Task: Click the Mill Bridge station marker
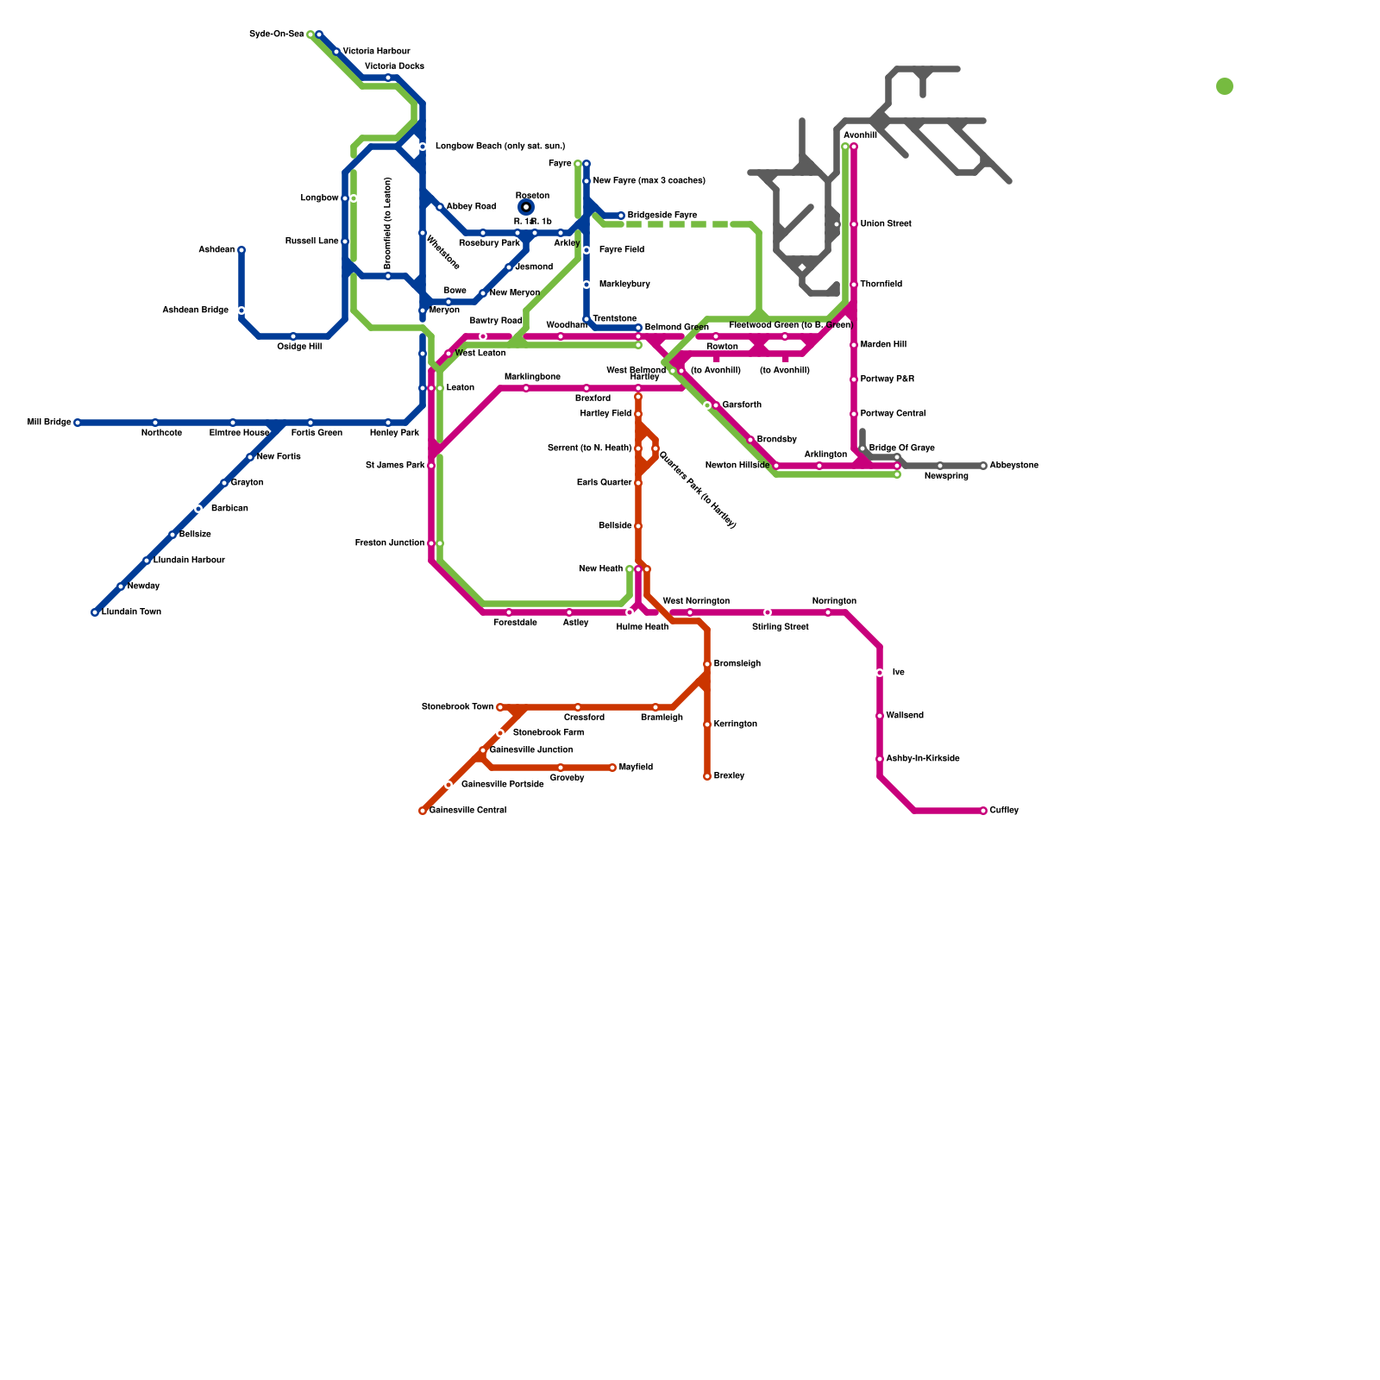(78, 423)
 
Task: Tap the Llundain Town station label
(131, 612)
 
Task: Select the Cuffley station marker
(983, 811)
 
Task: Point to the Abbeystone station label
(1013, 466)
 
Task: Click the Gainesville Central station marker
(423, 811)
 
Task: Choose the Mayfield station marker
(612, 768)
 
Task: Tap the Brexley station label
(729, 776)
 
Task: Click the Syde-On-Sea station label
(276, 34)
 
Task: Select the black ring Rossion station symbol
(526, 207)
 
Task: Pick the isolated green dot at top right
(1225, 86)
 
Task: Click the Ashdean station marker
(241, 250)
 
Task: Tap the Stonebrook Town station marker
(500, 707)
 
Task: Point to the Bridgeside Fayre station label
(662, 216)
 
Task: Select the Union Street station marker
(854, 224)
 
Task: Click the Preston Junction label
(389, 543)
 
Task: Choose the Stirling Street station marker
(768, 612)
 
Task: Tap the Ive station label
(898, 673)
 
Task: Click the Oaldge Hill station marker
(293, 336)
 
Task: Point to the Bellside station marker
(638, 526)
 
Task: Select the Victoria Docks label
(394, 66)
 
